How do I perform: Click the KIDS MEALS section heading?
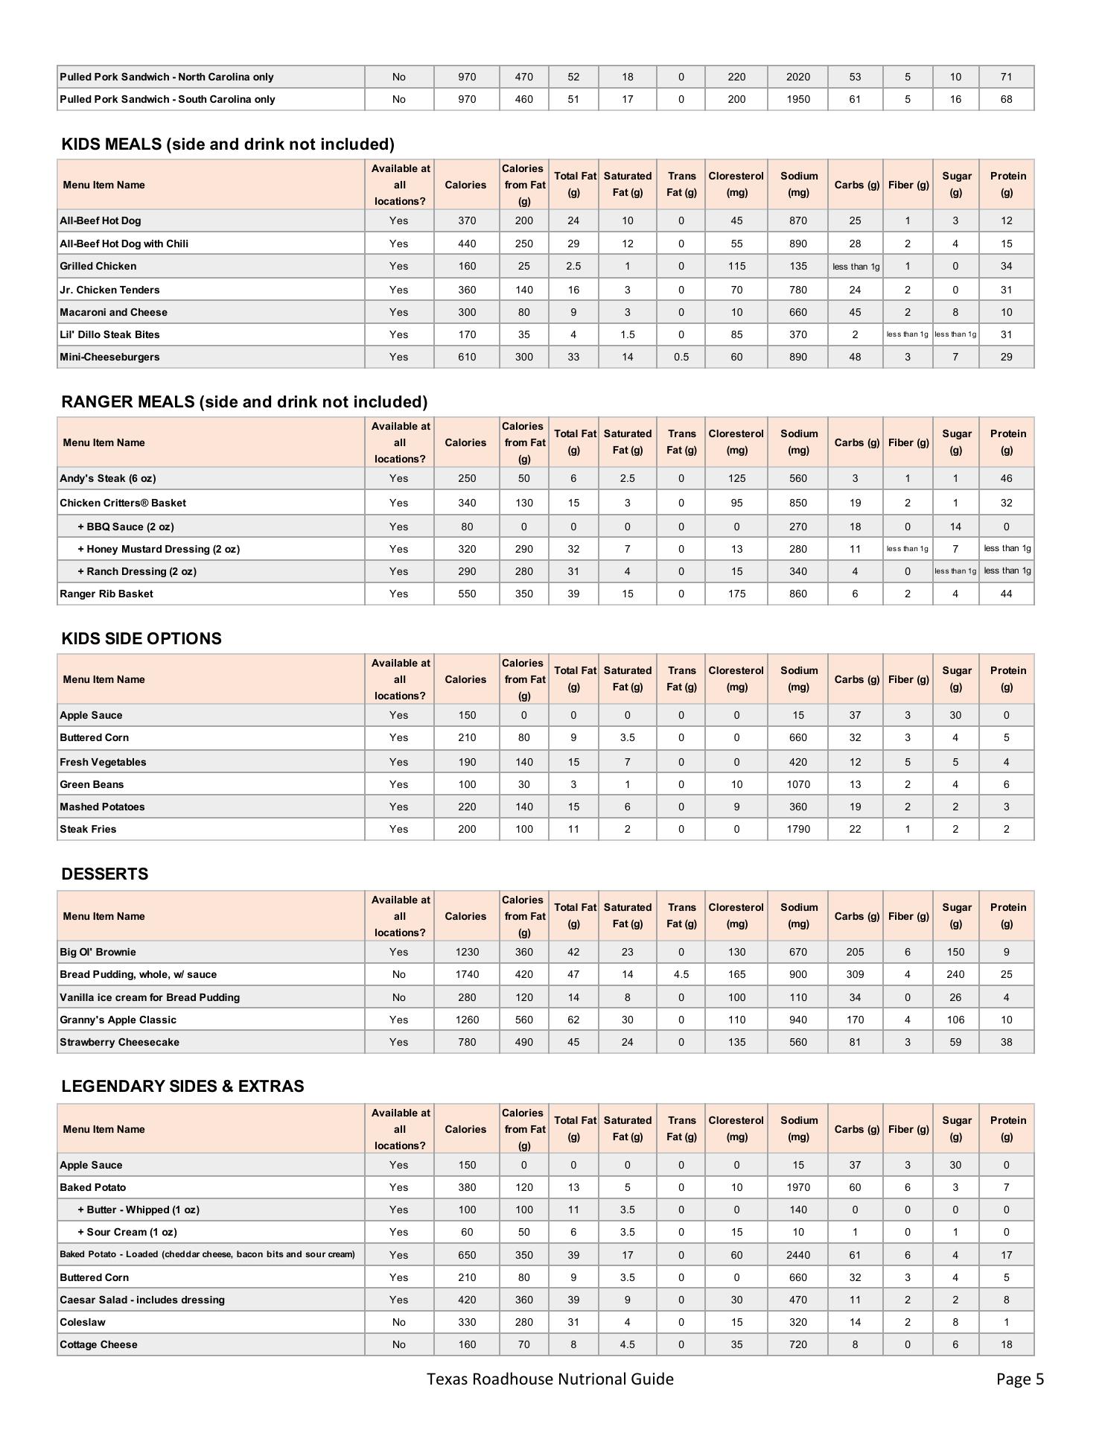[x=227, y=144]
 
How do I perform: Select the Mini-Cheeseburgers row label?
[x=109, y=357]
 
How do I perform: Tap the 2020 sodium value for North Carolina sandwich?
[x=797, y=77]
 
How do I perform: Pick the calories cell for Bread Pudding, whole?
[x=466, y=974]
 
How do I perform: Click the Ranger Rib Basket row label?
[x=106, y=594]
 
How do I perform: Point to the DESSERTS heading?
[x=104, y=874]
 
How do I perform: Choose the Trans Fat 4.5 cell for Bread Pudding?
[x=681, y=974]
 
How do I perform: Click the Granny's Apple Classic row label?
[x=118, y=1020]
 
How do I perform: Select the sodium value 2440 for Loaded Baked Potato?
[x=797, y=1255]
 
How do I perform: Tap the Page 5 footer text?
[x=1019, y=1379]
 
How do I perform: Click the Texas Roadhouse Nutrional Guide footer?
[x=550, y=1379]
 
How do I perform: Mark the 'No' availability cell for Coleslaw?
[x=398, y=1322]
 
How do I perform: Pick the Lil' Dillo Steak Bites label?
[x=109, y=334]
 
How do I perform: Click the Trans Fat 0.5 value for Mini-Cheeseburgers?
[x=681, y=357]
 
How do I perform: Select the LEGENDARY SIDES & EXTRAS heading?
[x=182, y=1086]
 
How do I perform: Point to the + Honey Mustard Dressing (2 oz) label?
[x=159, y=549]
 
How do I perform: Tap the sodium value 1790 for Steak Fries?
[x=797, y=829]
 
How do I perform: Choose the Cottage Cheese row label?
[x=98, y=1344]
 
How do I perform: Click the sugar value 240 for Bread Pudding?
[x=955, y=974]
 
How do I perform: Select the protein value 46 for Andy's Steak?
[x=1006, y=478]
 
